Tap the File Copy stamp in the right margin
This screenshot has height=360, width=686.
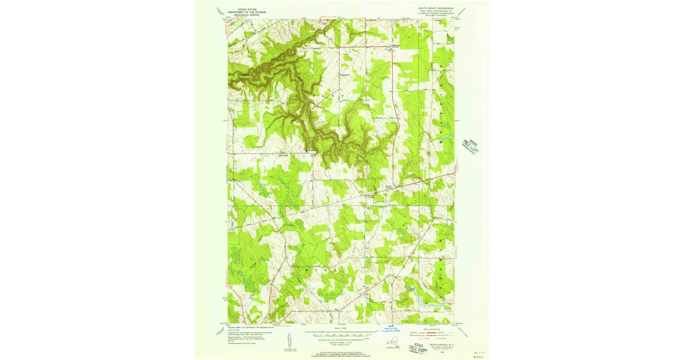click(472, 146)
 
